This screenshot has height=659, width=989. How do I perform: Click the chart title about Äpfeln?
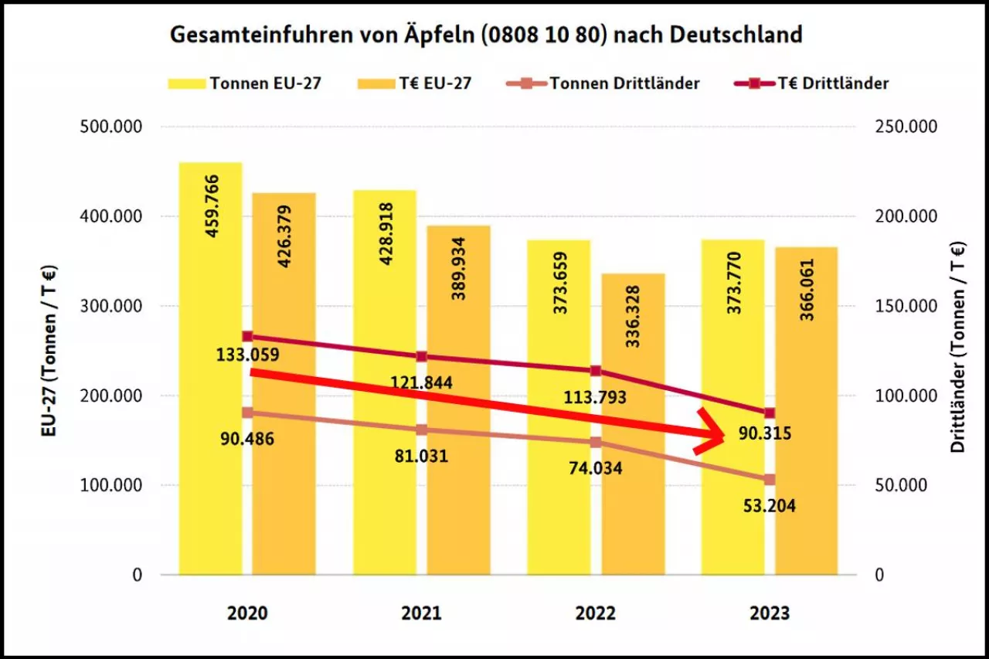click(x=485, y=35)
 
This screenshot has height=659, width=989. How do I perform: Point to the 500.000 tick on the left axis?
click(x=111, y=127)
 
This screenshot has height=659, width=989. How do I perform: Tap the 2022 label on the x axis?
click(x=596, y=613)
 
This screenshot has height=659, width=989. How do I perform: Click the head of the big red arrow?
click(x=715, y=434)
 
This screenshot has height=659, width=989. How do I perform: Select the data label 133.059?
click(x=247, y=355)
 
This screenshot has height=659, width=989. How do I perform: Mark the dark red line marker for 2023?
click(x=770, y=413)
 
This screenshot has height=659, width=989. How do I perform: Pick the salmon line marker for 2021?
click(x=422, y=430)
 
